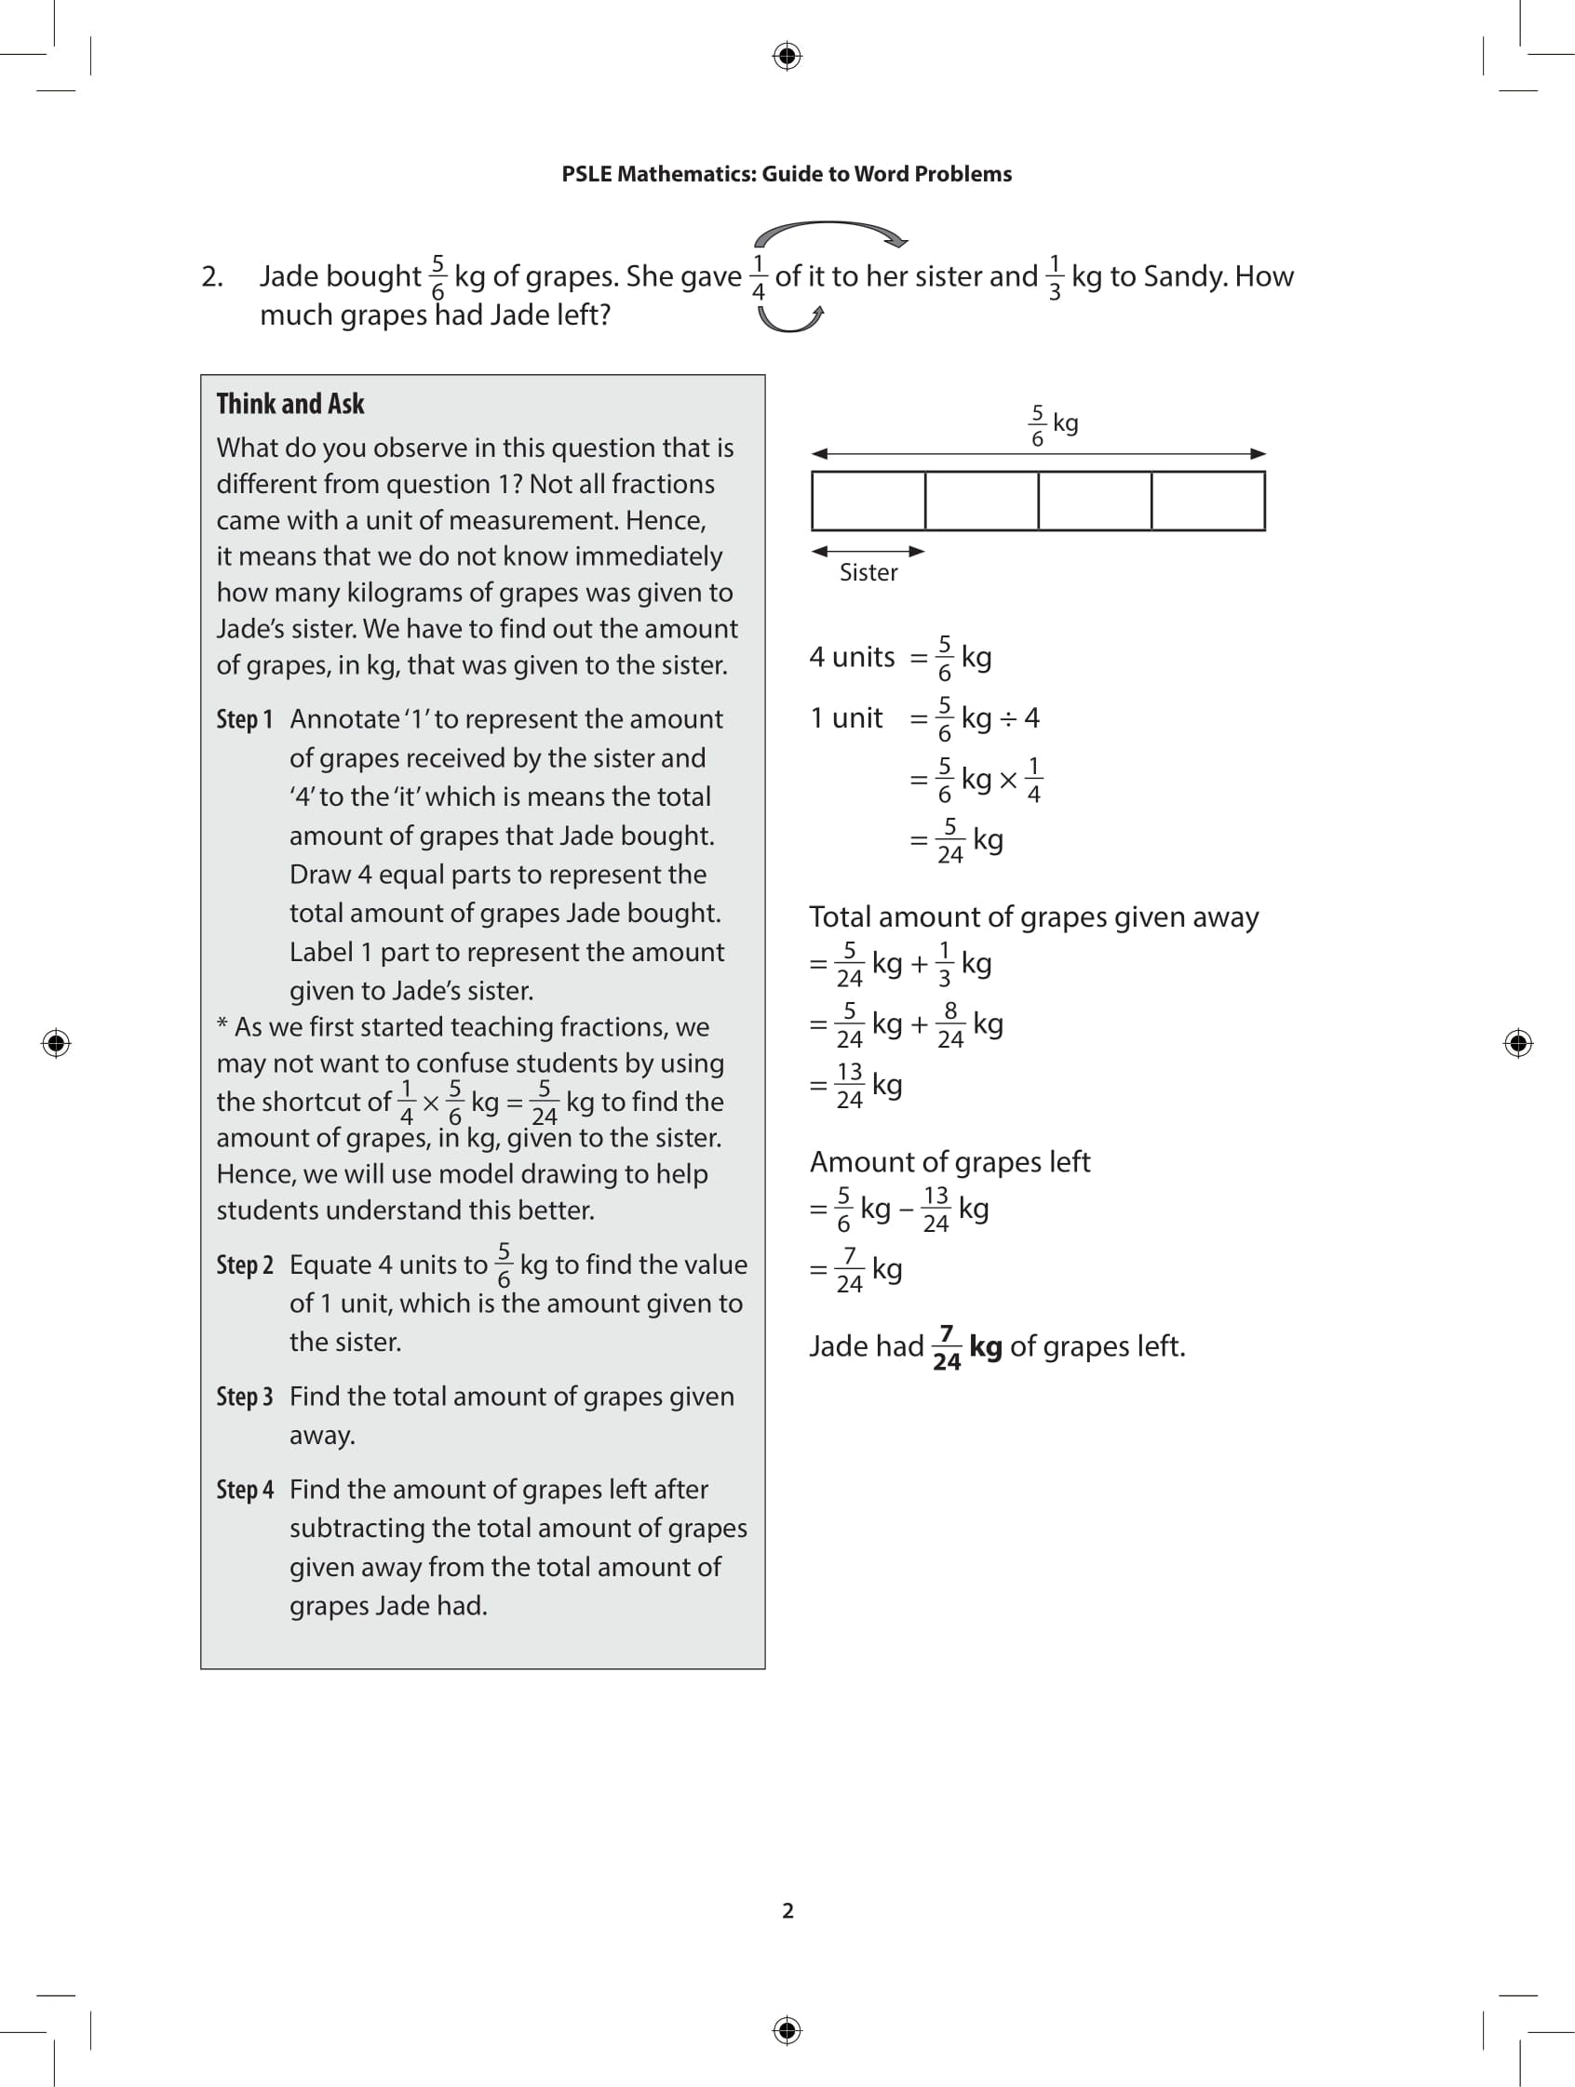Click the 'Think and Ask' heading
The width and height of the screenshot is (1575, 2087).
(x=289, y=404)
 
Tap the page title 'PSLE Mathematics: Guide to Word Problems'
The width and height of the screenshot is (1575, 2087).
(x=786, y=174)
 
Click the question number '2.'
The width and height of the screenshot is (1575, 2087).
(x=212, y=276)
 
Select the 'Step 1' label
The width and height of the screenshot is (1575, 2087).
(x=245, y=720)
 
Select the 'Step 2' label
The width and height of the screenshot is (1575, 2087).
(x=245, y=1265)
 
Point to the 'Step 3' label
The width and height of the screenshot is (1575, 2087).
(x=245, y=1398)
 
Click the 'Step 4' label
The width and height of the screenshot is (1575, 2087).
(x=245, y=1490)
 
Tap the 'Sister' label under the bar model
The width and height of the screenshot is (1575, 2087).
(x=868, y=573)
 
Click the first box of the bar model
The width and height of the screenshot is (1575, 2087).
(x=868, y=501)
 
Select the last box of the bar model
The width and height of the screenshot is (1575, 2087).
(x=1208, y=501)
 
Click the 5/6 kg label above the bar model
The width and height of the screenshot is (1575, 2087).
(x=1051, y=425)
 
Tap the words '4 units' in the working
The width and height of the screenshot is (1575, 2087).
(x=851, y=657)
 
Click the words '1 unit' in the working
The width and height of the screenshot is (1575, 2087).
(x=845, y=718)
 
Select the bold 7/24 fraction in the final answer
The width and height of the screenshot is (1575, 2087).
(x=947, y=1347)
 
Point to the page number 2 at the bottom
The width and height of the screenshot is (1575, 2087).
(x=788, y=1910)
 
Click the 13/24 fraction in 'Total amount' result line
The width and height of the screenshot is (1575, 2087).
(x=849, y=1085)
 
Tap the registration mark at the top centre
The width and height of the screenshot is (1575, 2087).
(x=787, y=56)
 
